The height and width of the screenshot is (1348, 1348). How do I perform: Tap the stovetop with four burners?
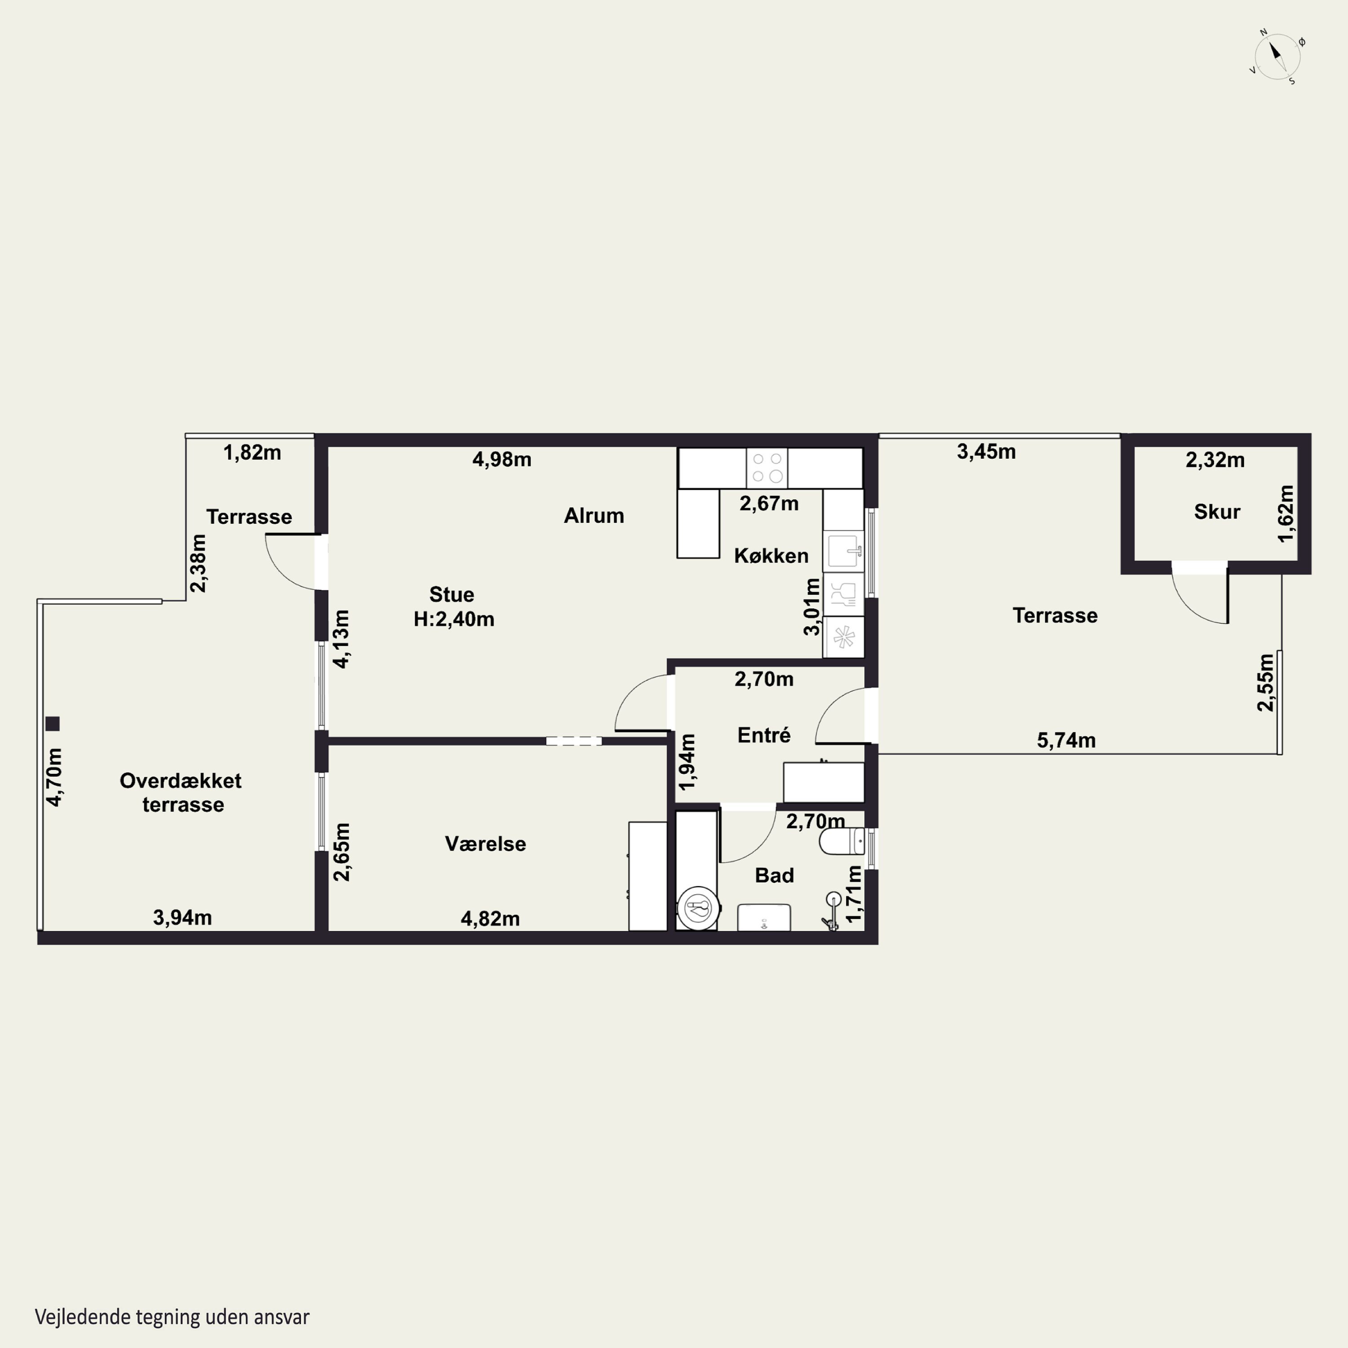[x=767, y=467]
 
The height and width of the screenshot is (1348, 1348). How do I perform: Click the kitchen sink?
[x=843, y=551]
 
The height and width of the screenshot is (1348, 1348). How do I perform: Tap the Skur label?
[x=1217, y=511]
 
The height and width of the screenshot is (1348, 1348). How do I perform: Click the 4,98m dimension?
[x=501, y=459]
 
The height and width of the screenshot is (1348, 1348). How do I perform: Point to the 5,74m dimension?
[x=1066, y=741]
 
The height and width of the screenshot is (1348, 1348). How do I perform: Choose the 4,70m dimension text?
[x=54, y=777]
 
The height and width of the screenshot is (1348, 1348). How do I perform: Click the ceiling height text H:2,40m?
[x=454, y=619]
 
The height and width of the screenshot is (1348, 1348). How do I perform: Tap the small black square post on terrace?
[x=52, y=723]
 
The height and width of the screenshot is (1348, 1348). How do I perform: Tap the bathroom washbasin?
[x=764, y=917]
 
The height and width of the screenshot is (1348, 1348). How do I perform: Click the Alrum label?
[x=594, y=516]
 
